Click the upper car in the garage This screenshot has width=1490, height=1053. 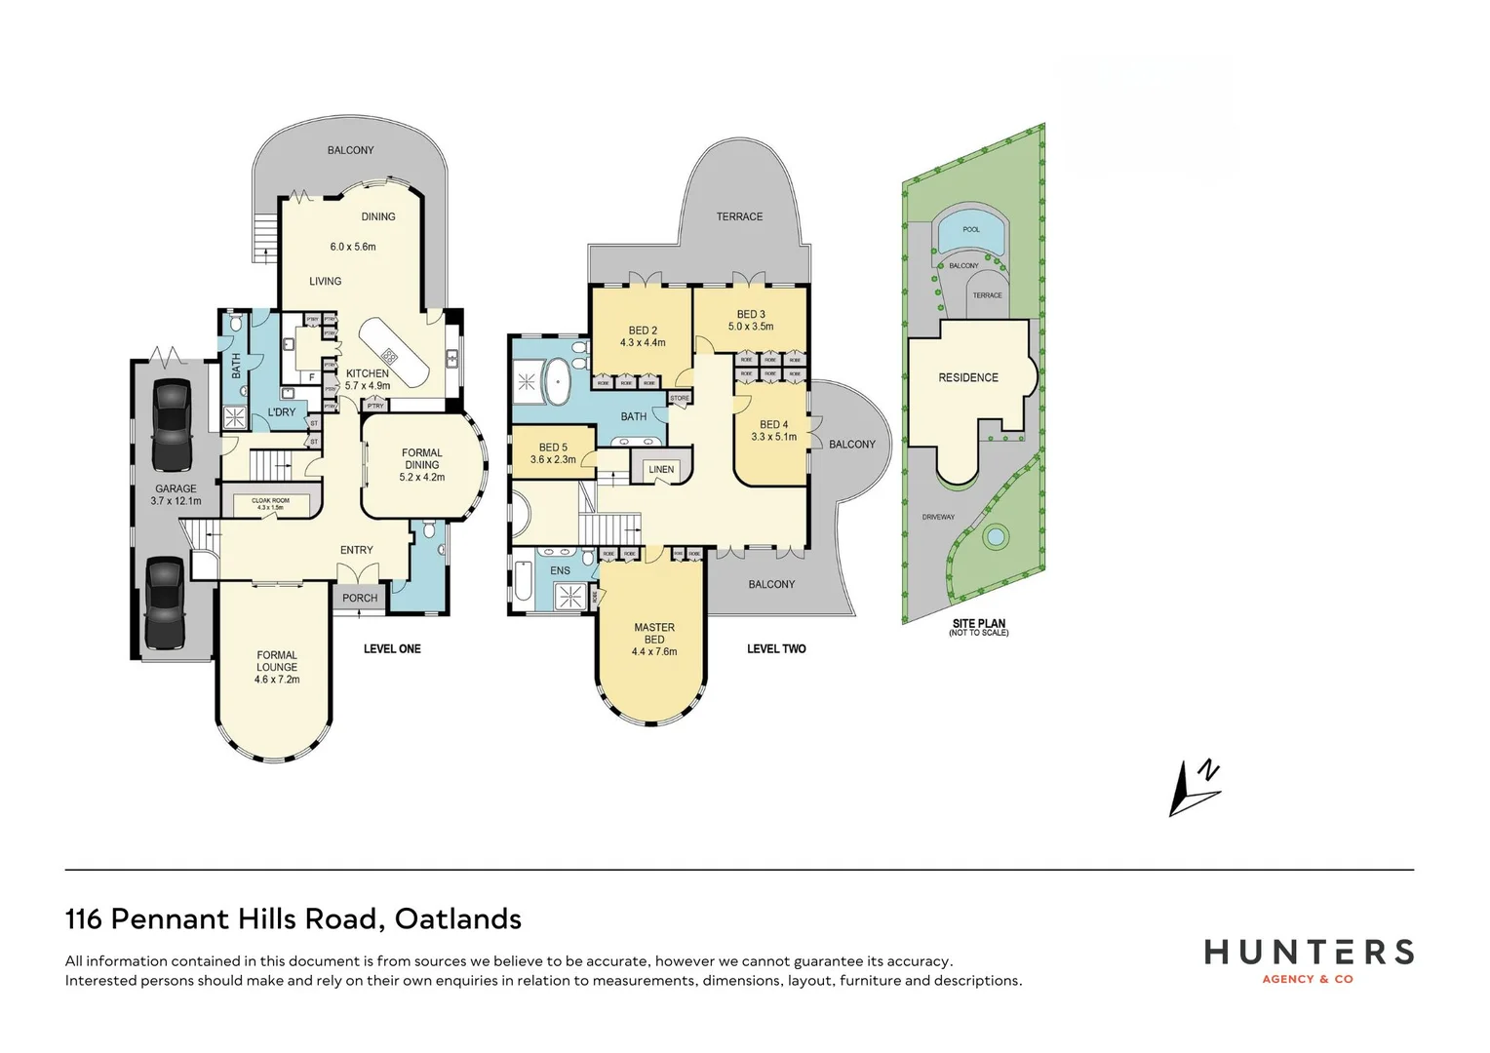pos(171,424)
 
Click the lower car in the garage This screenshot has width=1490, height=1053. pos(165,603)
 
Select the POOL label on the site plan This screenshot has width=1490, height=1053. pos(971,229)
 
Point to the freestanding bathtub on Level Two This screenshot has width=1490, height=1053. pos(558,381)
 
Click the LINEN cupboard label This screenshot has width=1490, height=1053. pos(661,470)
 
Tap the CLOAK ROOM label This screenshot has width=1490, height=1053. pos(270,501)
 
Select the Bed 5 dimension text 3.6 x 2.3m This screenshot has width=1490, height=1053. pos(553,459)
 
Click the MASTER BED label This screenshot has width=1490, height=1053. pos(654,634)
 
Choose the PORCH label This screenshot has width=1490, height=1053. pos(360,598)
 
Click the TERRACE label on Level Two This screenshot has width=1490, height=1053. pos(739,216)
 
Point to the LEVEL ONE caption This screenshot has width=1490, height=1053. pos(392,648)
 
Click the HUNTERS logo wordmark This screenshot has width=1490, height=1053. pos(1309,952)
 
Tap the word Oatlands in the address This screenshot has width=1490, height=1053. pos(458,918)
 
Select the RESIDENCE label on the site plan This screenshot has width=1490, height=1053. pos(968,377)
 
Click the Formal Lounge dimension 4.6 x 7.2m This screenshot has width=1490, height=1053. pos(277,680)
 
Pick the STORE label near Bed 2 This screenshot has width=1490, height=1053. pos(680,398)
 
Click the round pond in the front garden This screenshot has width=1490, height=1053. pos(995,536)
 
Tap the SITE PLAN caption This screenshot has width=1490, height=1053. pos(979,624)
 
